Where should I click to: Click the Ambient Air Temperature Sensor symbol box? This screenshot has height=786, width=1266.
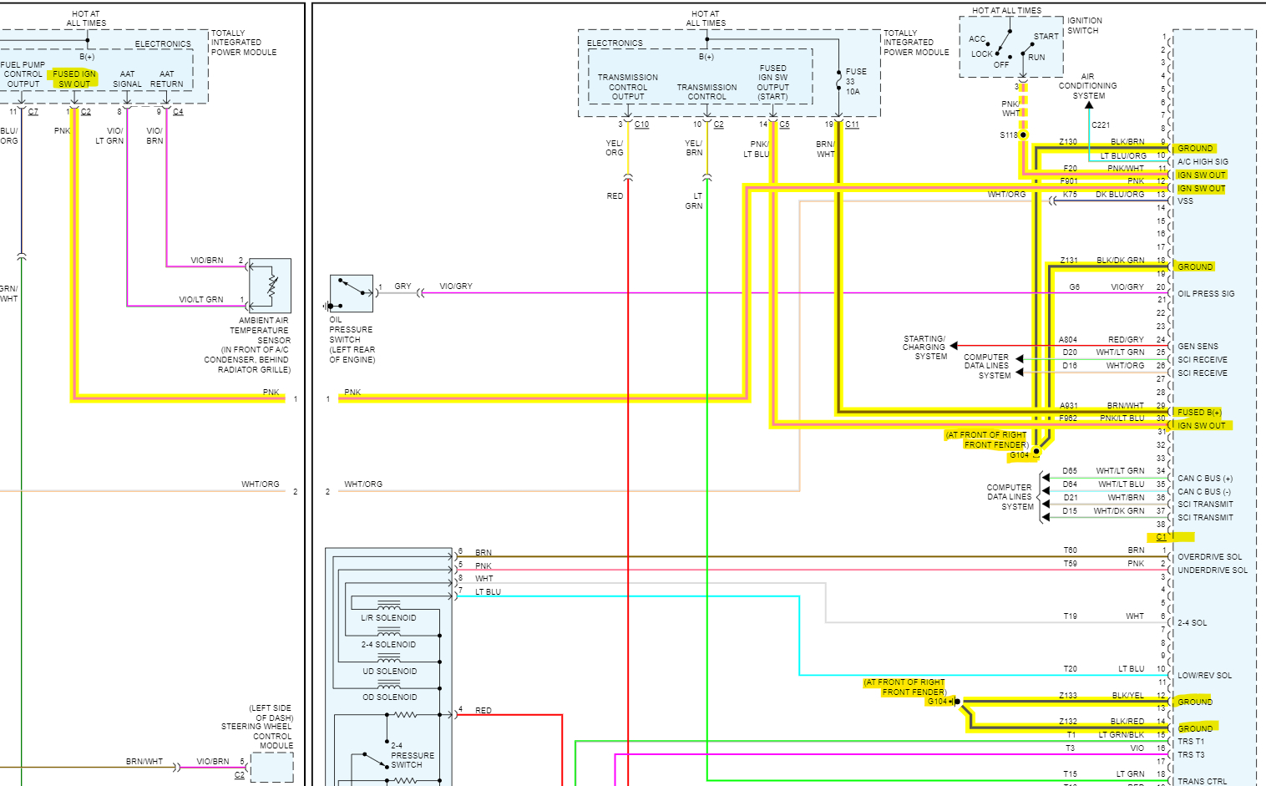(271, 286)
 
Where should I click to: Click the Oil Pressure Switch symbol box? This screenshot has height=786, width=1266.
(351, 293)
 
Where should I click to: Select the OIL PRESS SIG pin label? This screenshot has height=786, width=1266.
(1205, 294)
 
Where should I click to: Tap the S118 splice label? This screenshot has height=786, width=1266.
(1008, 134)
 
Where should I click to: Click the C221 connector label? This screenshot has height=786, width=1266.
(1101, 125)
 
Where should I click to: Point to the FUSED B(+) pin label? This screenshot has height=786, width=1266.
(1198, 413)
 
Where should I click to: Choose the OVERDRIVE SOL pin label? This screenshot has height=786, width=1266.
(1209, 557)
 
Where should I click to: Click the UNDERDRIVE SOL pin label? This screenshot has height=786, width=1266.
(1212, 570)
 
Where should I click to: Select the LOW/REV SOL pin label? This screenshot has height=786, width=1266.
(1204, 676)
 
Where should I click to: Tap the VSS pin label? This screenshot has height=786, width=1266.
(1185, 201)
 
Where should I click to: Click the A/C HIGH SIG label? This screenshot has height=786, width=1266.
(1203, 162)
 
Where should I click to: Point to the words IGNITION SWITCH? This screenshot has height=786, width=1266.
(1084, 26)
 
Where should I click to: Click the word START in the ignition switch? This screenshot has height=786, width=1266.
(1046, 37)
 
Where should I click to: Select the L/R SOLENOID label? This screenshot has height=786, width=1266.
(388, 618)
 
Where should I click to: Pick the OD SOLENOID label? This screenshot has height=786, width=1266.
(389, 697)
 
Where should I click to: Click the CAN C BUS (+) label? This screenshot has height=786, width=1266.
(1204, 479)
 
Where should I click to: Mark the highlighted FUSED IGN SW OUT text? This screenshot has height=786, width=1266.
(74, 79)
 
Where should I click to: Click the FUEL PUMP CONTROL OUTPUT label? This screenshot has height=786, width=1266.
(23, 74)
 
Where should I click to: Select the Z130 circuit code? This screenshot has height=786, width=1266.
(1067, 142)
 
